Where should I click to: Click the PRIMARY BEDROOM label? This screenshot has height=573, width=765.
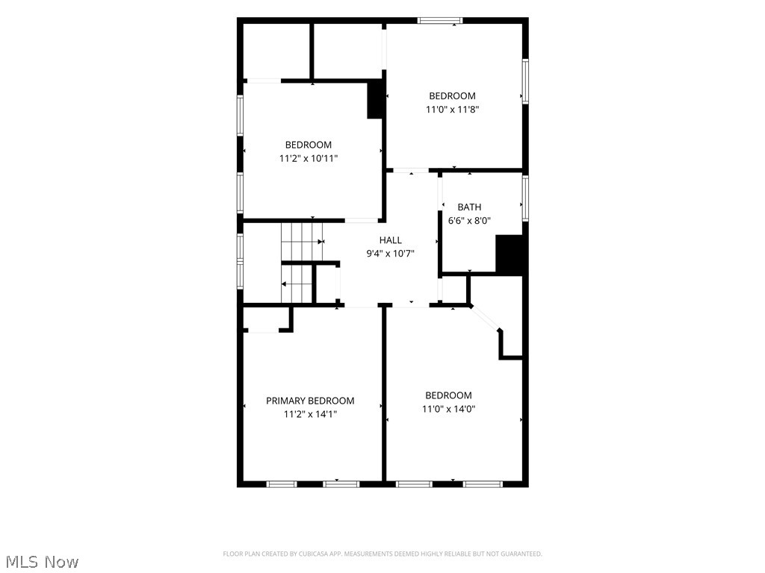310,401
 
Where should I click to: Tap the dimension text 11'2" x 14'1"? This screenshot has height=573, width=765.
310,414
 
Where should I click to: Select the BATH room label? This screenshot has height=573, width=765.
469,207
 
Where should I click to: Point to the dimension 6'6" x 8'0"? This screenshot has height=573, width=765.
469,220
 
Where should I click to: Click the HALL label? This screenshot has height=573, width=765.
390,239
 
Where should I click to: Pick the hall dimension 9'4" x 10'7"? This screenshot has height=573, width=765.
390,254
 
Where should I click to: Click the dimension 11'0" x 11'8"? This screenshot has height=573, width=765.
452,109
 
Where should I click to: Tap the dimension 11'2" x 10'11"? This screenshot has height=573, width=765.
309,158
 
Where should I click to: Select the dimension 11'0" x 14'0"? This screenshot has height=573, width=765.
448,409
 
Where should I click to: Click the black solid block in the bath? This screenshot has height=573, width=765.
510,255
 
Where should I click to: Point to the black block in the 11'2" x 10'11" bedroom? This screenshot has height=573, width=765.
375,99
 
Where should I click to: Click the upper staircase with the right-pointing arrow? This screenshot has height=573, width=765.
302,242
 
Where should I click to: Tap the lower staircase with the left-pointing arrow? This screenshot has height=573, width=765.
297,284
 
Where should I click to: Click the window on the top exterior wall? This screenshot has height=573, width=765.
439,20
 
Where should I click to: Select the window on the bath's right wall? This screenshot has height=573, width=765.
525,198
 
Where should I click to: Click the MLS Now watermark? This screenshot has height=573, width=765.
43,562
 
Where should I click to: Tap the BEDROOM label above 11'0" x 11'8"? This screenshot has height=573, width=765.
452,96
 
